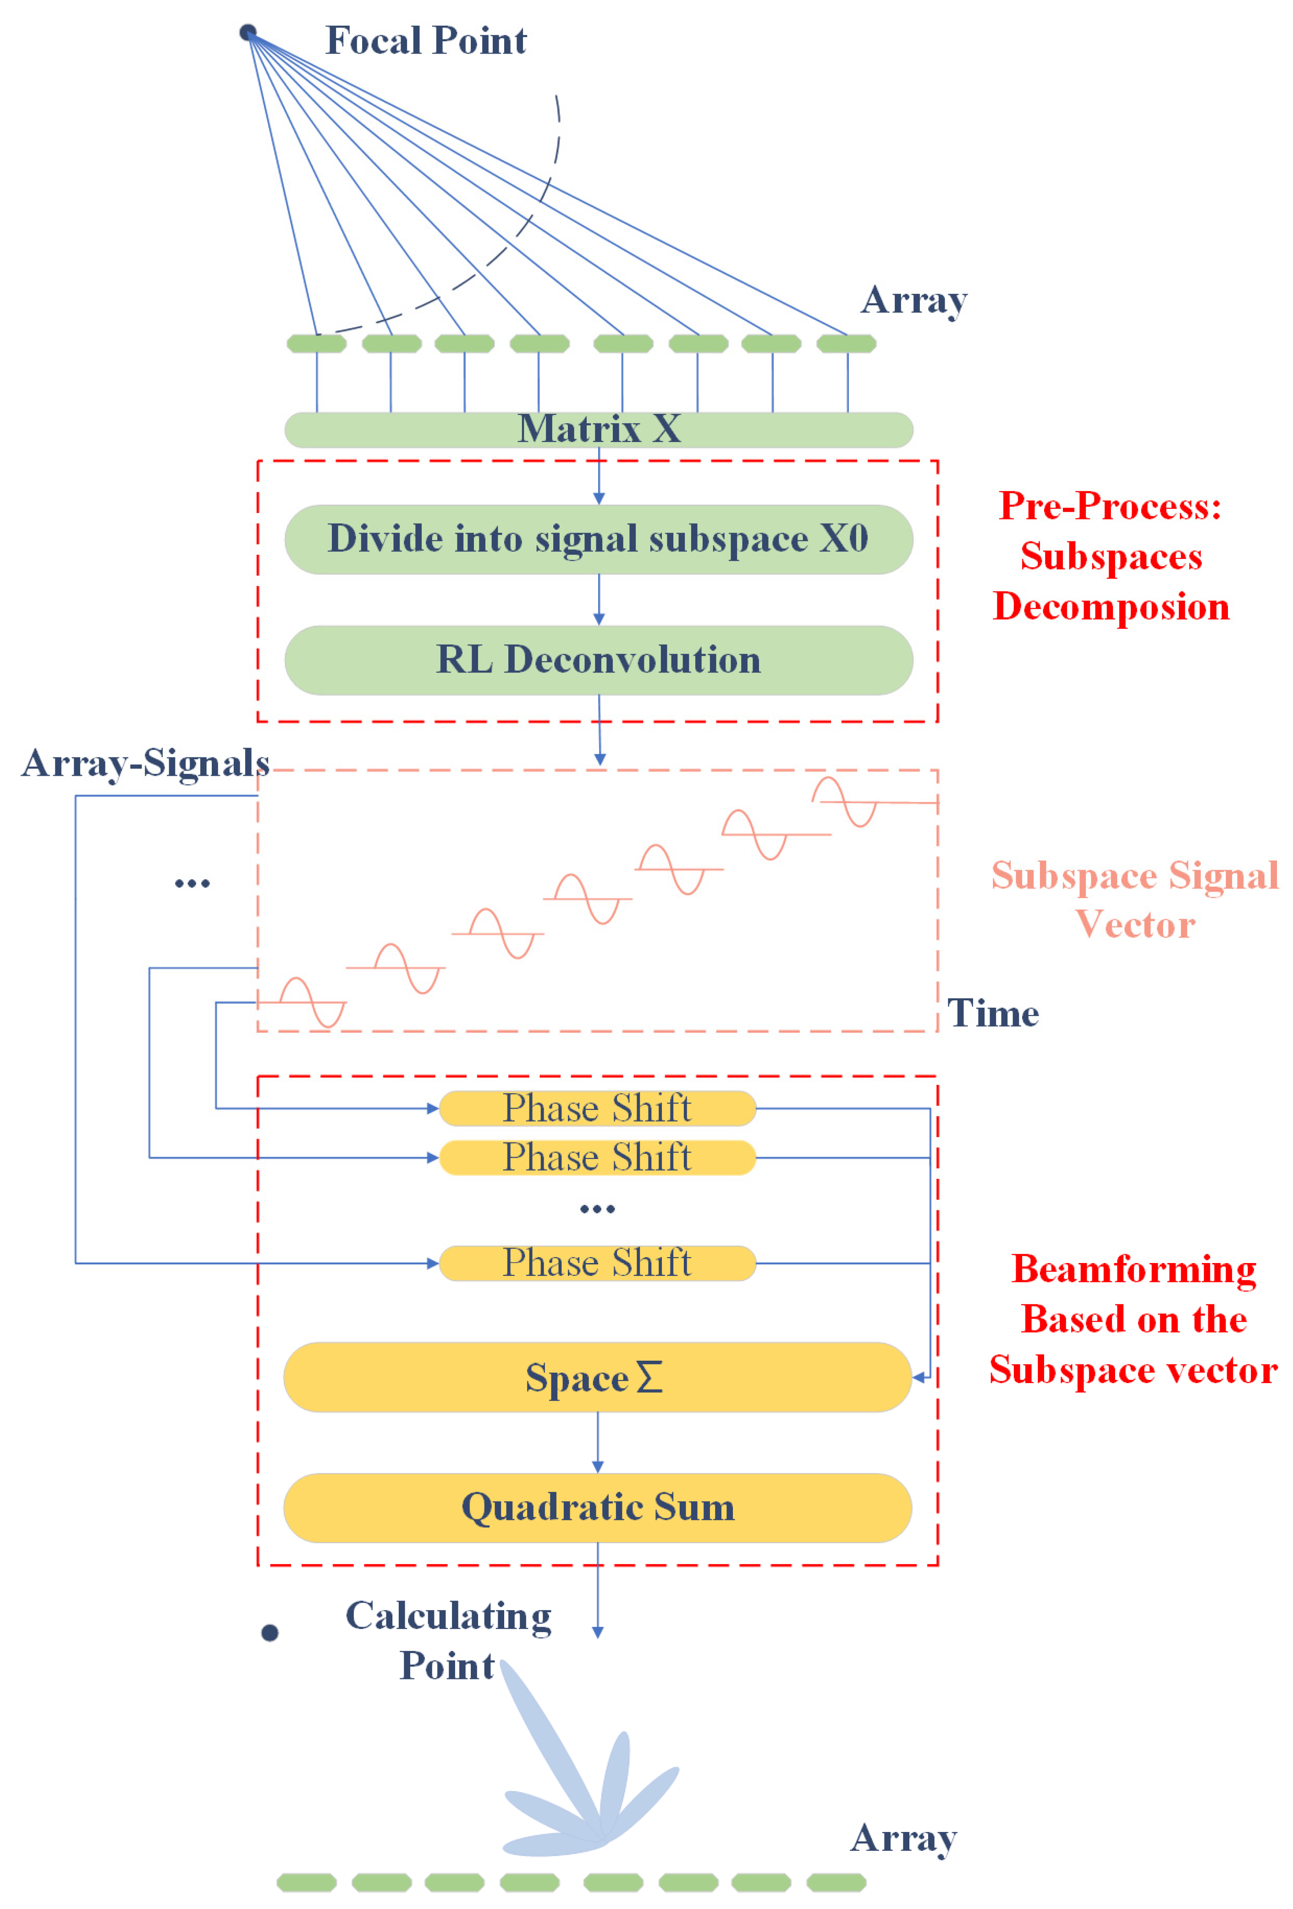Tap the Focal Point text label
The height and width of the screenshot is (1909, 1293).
point(425,40)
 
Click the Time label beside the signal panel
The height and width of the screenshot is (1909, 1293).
point(992,1013)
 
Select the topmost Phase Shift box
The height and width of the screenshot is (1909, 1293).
point(597,1108)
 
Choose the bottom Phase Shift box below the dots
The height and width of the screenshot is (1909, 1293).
point(597,1263)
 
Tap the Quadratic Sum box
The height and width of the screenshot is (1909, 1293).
point(597,1507)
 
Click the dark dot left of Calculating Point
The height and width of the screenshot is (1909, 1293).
point(270,1632)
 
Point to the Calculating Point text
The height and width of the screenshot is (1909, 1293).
point(448,1640)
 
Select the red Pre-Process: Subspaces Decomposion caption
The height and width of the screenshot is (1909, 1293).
point(1111,556)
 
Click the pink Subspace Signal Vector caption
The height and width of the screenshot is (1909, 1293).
point(1134,899)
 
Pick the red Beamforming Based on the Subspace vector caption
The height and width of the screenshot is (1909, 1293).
point(1133,1319)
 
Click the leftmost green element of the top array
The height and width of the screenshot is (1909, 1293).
point(316,343)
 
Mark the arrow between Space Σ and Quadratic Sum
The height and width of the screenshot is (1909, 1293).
point(597,1442)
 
